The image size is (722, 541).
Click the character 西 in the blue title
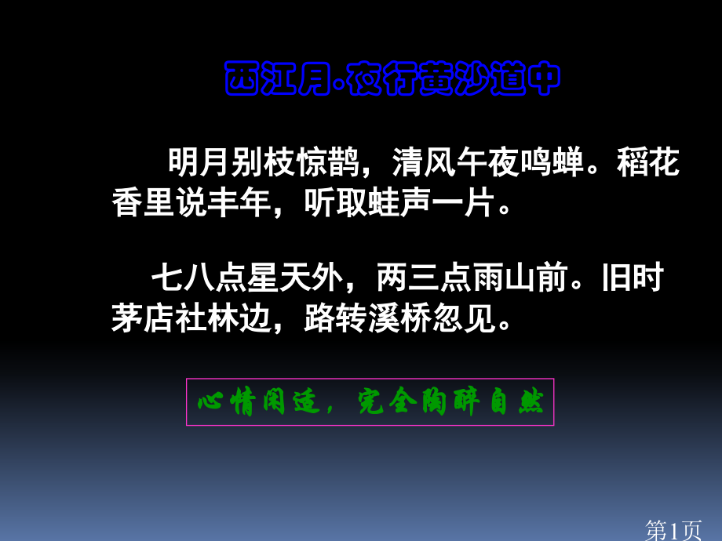tap(239, 78)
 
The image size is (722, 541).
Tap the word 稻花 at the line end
tap(649, 164)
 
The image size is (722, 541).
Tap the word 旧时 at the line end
tap(633, 278)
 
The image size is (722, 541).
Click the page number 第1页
tap(673, 530)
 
